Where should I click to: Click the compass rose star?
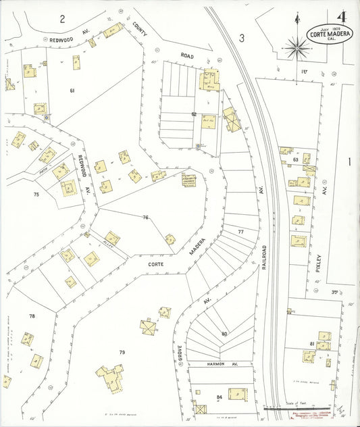296,47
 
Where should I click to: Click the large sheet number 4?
342,16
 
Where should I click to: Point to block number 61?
72,90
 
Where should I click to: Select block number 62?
194,114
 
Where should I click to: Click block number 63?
295,159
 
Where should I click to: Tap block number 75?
36,194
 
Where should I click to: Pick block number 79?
122,352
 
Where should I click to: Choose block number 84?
219,397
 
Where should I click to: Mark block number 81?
312,344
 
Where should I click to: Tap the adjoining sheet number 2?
61,18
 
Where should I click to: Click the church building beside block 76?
188,180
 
